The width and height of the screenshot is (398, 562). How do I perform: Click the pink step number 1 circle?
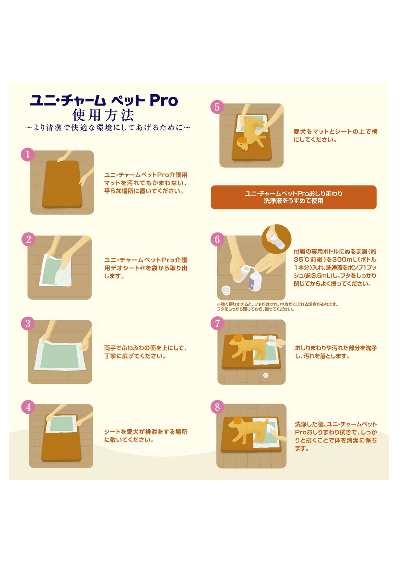(x=28, y=155)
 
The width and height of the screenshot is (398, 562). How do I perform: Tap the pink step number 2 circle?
(x=28, y=239)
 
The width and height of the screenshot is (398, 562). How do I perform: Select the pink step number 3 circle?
(x=28, y=324)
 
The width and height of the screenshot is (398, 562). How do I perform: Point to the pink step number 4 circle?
(x=28, y=407)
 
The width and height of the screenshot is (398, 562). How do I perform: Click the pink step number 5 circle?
(x=217, y=107)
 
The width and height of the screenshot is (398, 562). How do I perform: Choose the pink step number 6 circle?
(x=217, y=239)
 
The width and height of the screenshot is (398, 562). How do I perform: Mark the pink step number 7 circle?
(x=217, y=324)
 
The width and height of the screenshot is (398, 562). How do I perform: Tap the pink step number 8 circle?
(x=217, y=407)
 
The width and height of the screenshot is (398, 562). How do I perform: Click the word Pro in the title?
(x=164, y=101)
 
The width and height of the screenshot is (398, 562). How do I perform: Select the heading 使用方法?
(x=103, y=115)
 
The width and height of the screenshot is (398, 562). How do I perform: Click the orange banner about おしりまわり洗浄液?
(x=293, y=197)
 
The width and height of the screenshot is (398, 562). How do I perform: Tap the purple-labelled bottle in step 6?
(x=255, y=281)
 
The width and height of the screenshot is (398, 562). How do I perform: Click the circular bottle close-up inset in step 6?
(x=276, y=239)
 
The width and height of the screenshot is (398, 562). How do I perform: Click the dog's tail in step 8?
(x=265, y=420)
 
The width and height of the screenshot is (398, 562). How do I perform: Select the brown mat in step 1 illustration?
(x=62, y=184)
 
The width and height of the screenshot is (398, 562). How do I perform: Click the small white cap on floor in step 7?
(x=265, y=375)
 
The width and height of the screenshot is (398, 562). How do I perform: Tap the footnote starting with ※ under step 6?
(x=277, y=307)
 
